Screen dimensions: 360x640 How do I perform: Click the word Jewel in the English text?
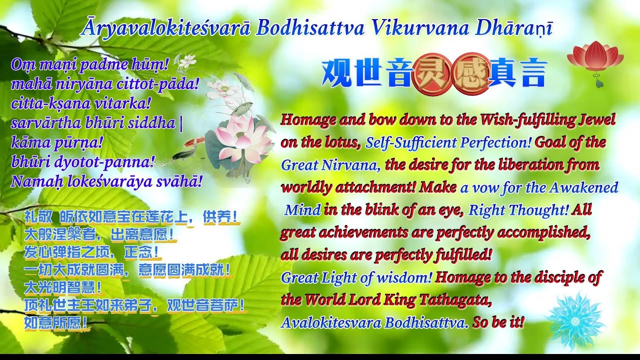coord(597,120)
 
